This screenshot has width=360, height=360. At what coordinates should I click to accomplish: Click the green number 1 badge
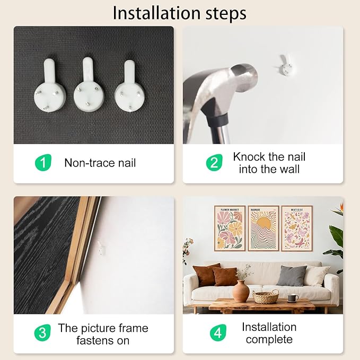pyautogui.click(x=43, y=163)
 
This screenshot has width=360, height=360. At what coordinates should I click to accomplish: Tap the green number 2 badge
pyautogui.click(x=214, y=163)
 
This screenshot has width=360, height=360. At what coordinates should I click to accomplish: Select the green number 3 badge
pyautogui.click(x=42, y=332)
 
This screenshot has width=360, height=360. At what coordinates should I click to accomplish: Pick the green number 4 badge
pyautogui.click(x=218, y=332)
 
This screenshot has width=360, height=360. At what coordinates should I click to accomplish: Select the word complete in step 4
pyautogui.click(x=269, y=339)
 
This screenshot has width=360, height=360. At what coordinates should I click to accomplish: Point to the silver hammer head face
pyautogui.click(x=244, y=77)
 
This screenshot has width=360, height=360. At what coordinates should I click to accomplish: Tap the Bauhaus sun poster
pyautogui.click(x=264, y=229)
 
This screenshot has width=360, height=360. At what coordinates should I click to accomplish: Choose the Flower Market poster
pyautogui.click(x=230, y=229)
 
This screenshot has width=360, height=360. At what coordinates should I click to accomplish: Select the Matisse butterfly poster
pyautogui.click(x=297, y=229)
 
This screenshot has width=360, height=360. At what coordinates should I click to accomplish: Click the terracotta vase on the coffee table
pyautogui.click(x=241, y=291)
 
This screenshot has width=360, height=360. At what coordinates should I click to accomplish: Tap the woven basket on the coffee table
pyautogui.click(x=266, y=296)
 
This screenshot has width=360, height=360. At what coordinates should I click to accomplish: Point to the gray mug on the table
pyautogui.click(x=293, y=298)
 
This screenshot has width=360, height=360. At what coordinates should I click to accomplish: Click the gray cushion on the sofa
pyautogui.click(x=292, y=276)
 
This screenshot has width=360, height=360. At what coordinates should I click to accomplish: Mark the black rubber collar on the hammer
pyautogui.click(x=218, y=120)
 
